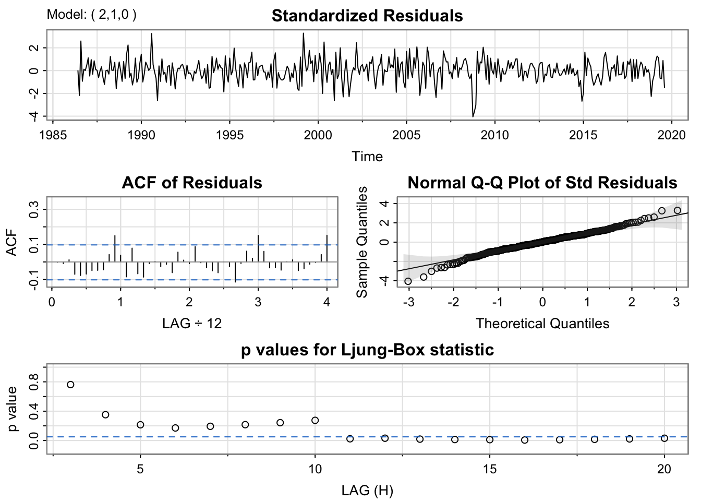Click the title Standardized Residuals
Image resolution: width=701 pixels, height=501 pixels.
click(367, 16)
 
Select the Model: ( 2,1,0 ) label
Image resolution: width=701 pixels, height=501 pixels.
click(92, 15)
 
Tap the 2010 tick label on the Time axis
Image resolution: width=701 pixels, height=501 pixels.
click(494, 135)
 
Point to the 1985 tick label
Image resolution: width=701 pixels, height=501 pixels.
click(53, 135)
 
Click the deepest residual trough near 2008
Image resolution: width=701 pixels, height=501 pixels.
click(473, 116)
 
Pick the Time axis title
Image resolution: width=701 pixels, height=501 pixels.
click(367, 157)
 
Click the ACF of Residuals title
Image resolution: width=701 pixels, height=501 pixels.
click(192, 183)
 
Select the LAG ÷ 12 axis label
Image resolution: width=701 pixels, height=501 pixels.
click(192, 324)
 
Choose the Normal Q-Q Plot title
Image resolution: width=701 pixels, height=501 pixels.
click(542, 183)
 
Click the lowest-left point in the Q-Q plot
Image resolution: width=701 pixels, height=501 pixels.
click(408, 281)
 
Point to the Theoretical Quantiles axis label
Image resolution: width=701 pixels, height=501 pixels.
click(542, 324)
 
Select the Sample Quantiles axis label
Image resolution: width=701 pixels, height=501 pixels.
click(362, 242)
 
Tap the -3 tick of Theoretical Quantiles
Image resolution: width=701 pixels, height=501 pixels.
click(408, 302)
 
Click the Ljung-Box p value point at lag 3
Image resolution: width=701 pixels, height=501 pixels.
click(70, 385)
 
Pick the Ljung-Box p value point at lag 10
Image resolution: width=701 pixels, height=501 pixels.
click(315, 421)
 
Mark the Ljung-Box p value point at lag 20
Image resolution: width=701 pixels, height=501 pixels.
click(664, 438)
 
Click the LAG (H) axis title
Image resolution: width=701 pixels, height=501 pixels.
click(367, 491)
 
